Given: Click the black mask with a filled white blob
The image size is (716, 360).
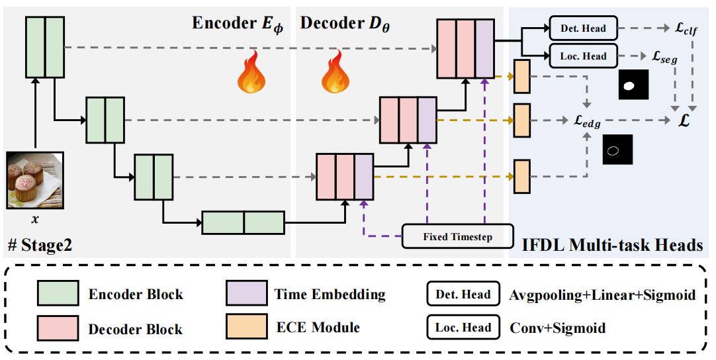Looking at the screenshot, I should point(633,85).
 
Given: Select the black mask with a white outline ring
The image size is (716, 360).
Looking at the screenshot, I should point(617,149).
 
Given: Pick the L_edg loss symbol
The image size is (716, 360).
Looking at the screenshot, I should point(588,122).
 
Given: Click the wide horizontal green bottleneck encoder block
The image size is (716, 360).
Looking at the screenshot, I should point(243,222).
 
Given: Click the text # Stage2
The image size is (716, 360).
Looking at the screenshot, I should point(40,246).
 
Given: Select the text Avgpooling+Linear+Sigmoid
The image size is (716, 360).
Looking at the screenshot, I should point(601,295).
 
